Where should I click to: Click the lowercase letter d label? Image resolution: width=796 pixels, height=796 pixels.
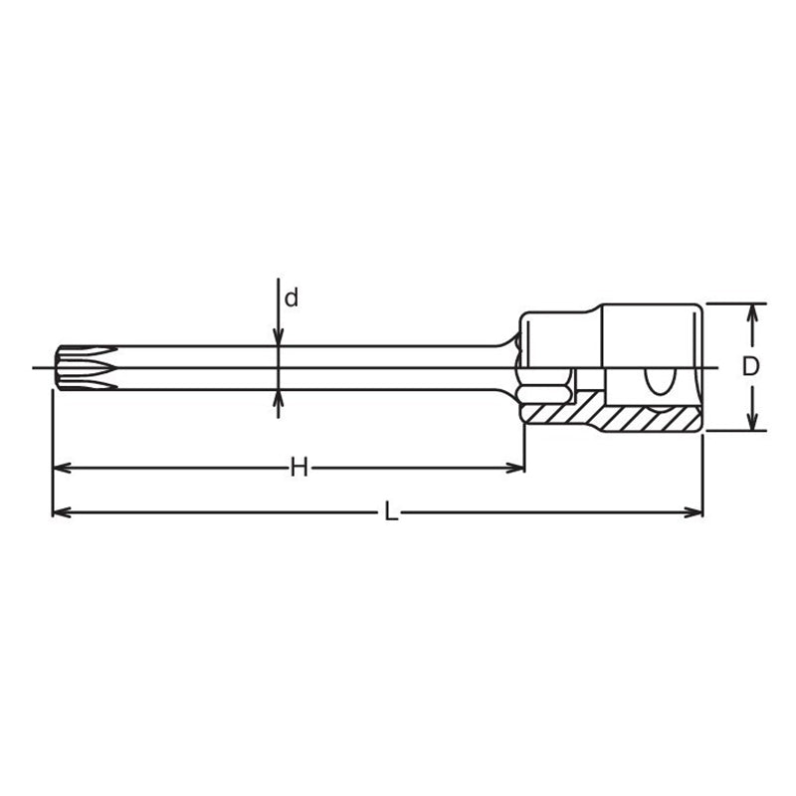tap(292, 298)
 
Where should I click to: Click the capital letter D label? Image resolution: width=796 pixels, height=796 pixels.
tap(751, 366)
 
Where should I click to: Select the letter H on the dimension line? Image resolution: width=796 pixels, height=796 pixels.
tap(298, 468)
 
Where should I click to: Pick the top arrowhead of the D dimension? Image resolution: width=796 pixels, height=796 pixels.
tap(753, 312)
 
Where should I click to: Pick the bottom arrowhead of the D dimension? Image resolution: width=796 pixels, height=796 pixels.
tap(753, 422)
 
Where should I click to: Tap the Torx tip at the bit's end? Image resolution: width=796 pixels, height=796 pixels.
tap(74, 367)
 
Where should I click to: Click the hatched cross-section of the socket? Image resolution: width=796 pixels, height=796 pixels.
tap(637, 418)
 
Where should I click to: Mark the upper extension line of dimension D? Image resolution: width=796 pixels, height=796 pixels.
tap(736, 302)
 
